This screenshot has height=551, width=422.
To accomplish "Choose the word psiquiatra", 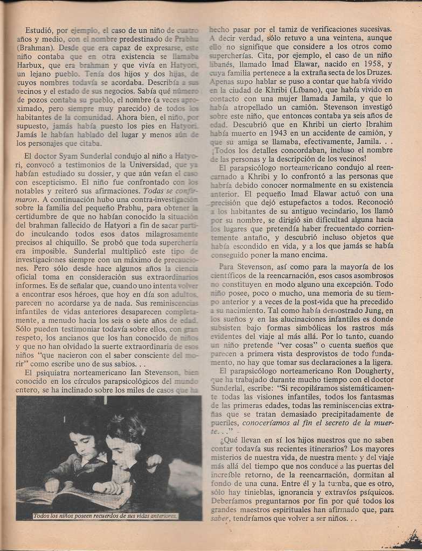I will (x=60, y=372).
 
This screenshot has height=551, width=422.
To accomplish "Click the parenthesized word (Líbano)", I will (x=305, y=90).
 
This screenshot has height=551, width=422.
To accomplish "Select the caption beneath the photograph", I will (x=105, y=515).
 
